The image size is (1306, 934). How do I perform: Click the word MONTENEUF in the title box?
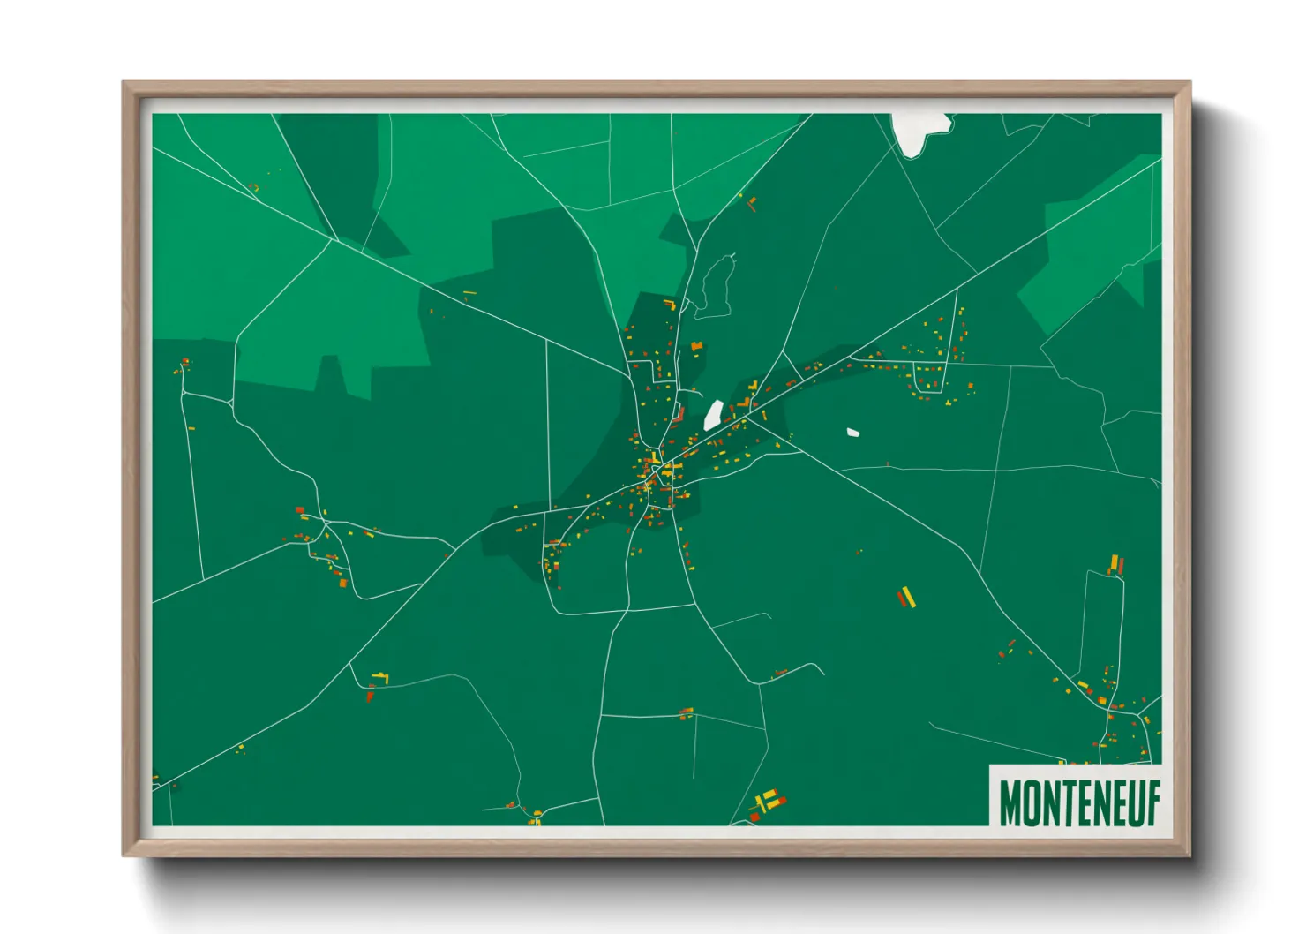[x=1078, y=802]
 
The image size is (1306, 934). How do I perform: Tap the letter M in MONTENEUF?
[x=1010, y=802]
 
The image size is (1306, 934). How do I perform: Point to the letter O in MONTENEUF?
[x=1031, y=802]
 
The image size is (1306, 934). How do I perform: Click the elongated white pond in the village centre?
[x=713, y=415]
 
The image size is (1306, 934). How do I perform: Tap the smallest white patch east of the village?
[x=852, y=433]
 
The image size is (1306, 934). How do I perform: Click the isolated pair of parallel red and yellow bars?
[x=906, y=598]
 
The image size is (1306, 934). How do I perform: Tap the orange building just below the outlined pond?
[x=696, y=346]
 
